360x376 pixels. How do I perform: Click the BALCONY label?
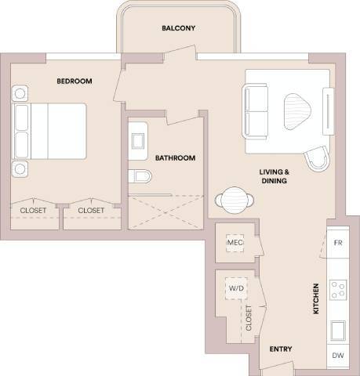(x=178, y=28)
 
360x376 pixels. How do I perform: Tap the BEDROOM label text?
(x=75, y=81)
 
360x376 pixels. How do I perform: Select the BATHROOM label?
(x=174, y=157)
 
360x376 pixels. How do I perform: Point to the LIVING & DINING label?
(x=274, y=175)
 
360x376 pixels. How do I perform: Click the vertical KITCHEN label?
(x=317, y=298)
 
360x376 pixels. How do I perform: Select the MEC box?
(x=235, y=244)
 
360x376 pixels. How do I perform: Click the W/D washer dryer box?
(x=236, y=288)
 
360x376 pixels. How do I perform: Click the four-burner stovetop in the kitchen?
(x=340, y=291)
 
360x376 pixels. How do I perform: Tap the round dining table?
(x=234, y=199)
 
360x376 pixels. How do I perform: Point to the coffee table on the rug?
(x=297, y=109)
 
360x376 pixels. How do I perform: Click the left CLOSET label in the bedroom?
(x=34, y=210)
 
